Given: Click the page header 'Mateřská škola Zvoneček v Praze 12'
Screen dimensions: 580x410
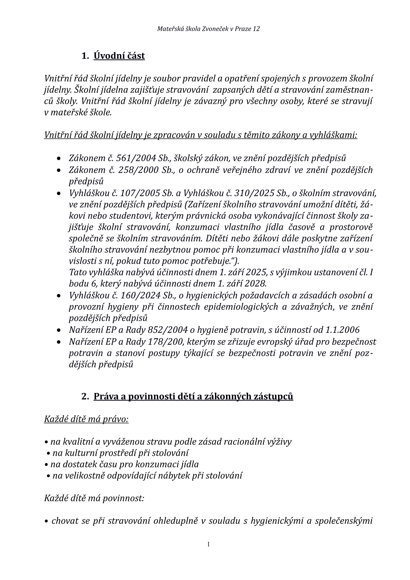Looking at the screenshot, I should (x=208, y=29).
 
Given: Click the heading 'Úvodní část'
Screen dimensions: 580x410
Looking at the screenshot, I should (x=119, y=56).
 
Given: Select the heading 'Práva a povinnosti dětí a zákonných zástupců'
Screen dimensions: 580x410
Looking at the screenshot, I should (x=193, y=396).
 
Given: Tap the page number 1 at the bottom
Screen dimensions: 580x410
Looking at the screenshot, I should (x=208, y=544).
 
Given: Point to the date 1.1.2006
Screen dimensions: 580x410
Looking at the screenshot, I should (x=342, y=330).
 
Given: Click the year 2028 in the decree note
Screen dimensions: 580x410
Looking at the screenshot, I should (x=255, y=284).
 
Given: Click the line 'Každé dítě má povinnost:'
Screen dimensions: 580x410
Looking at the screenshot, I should (x=94, y=498).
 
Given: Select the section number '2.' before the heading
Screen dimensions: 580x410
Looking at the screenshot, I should (x=85, y=396).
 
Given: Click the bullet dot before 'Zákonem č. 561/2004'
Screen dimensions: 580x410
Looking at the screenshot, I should (x=60, y=159).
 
